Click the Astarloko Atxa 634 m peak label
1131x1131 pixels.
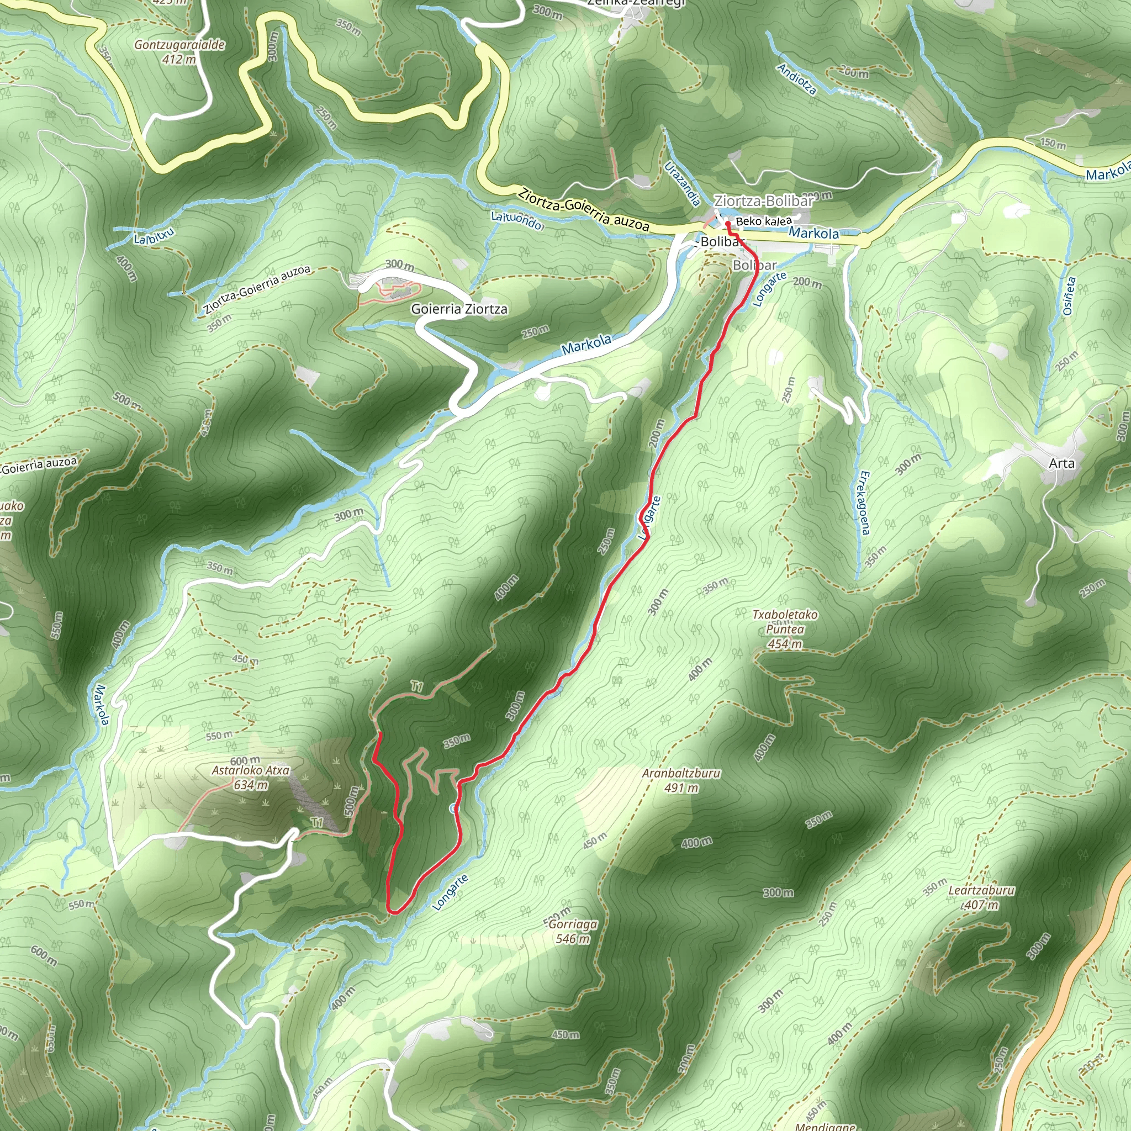[x=251, y=778]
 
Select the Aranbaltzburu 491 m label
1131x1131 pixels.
[x=681, y=780]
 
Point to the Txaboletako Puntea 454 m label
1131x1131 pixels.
[x=785, y=630]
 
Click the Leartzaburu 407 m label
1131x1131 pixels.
[x=981, y=897]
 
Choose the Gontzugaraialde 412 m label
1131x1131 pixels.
[x=179, y=51]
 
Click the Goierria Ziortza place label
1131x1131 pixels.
[x=459, y=309]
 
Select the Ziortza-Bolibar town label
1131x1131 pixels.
[x=763, y=202]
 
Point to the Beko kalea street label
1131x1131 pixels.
[x=763, y=221]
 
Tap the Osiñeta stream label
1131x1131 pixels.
[x=1069, y=296]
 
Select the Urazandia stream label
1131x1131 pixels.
[x=683, y=184]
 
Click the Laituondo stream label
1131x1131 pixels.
[x=518, y=221]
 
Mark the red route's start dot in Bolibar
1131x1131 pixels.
[x=727, y=224]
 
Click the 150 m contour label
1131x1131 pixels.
[x=1053, y=144]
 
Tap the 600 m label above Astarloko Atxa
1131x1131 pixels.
[x=245, y=761]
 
